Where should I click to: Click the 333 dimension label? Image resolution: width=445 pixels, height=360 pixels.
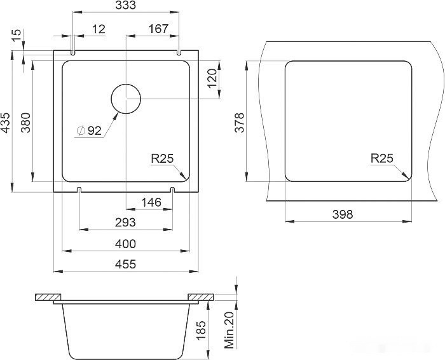[x=126, y=5]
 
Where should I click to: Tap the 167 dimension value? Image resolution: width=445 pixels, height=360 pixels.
[x=158, y=29]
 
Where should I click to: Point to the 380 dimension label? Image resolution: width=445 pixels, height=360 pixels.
[x=26, y=123]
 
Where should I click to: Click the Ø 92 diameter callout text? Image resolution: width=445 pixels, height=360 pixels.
[x=89, y=130]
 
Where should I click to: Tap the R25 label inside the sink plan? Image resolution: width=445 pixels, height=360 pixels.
[x=162, y=158]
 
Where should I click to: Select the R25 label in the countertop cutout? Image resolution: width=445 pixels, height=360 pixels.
[x=382, y=158]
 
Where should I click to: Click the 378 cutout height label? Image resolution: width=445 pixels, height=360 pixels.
[x=239, y=123]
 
